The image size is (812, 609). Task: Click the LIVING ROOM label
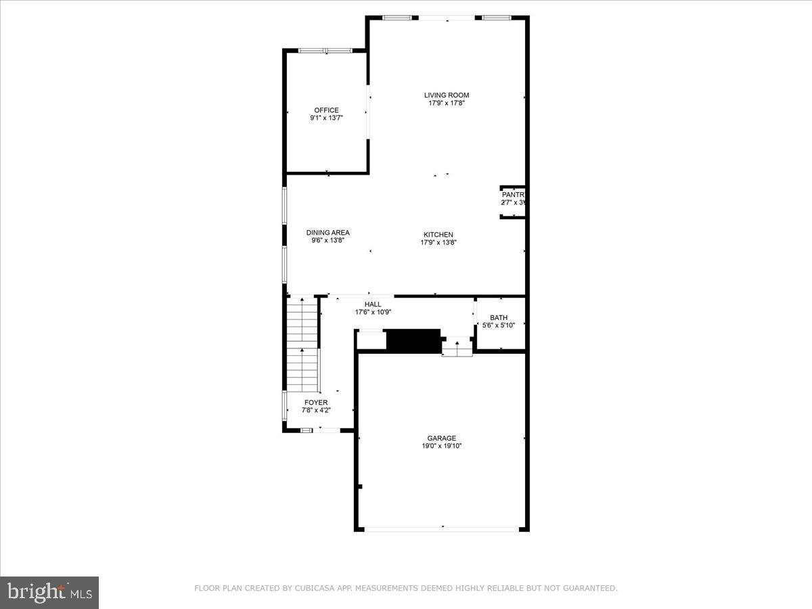446,95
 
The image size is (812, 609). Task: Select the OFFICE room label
326,110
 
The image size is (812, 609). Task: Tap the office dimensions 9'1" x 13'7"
326,118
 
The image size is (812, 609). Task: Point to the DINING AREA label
328,233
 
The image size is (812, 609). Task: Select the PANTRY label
513,195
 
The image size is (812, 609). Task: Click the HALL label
373,304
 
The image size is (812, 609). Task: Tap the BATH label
499,317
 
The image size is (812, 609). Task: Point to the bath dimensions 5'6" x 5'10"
499,325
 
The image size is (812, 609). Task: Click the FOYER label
315,403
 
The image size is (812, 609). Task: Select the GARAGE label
441,438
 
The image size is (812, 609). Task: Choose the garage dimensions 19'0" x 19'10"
441,447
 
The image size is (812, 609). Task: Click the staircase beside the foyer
302,345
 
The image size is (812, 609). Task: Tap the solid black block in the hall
413,340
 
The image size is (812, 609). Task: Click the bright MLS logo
49,592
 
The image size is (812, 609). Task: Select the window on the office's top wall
325,50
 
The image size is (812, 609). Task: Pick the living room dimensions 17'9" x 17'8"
446,104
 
